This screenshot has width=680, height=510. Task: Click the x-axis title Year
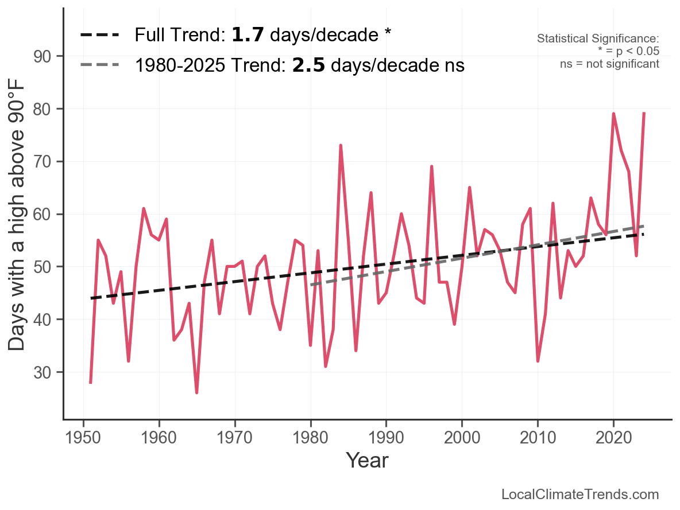pyautogui.click(x=367, y=460)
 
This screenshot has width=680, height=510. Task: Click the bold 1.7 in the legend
pyautogui.click(x=248, y=35)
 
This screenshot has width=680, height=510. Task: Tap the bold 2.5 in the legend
pyautogui.click(x=308, y=65)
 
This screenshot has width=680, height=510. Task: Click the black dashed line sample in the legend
pyautogui.click(x=99, y=35)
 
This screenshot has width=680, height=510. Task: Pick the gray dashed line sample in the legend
pyautogui.click(x=99, y=65)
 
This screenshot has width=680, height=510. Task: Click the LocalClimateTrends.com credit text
pyautogui.click(x=580, y=495)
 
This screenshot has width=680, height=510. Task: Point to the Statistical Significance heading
pyautogui.click(x=598, y=38)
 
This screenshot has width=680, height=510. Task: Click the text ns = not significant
pyautogui.click(x=609, y=63)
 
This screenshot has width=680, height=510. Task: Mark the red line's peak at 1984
pyautogui.click(x=341, y=146)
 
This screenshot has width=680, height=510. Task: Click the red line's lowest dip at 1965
pyautogui.click(x=197, y=393)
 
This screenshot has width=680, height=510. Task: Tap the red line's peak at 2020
pyautogui.click(x=613, y=114)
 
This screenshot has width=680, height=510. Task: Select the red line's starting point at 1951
pyautogui.click(x=91, y=382)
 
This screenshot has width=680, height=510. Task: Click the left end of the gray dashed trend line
pyautogui.click(x=311, y=285)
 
